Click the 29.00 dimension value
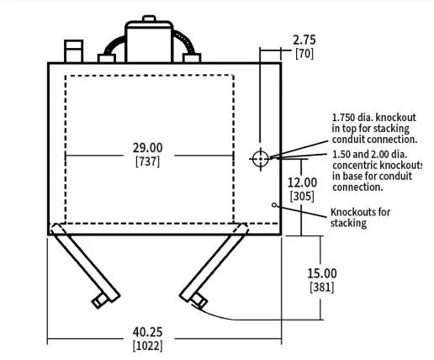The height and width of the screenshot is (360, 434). click(x=147, y=148)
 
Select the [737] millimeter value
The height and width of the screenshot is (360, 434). click(x=148, y=161)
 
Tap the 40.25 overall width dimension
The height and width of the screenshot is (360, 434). click(x=147, y=332)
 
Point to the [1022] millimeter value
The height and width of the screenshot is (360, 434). click(x=148, y=346)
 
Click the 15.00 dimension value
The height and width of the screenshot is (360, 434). click(x=322, y=273)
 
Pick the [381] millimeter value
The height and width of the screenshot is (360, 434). click(x=322, y=287)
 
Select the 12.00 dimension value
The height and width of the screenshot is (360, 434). click(x=302, y=183)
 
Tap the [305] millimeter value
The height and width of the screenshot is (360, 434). click(x=302, y=196)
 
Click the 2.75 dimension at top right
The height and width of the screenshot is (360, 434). click(x=304, y=40)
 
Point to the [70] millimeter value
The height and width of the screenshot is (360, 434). click(x=304, y=54)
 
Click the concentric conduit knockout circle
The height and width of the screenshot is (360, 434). click(x=261, y=159)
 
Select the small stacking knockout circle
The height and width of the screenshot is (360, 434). click(x=274, y=205)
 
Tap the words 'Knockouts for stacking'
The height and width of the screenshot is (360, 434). click(x=360, y=218)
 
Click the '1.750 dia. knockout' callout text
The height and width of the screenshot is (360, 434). click(x=374, y=117)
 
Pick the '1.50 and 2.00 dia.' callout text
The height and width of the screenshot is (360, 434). click(x=370, y=154)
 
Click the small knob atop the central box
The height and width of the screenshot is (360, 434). click(x=149, y=19)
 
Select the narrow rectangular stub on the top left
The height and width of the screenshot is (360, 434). click(x=73, y=51)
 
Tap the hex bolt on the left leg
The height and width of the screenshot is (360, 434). click(x=100, y=301)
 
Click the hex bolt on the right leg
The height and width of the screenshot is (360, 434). click(x=198, y=301)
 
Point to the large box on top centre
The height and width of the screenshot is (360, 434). click(x=149, y=42)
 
